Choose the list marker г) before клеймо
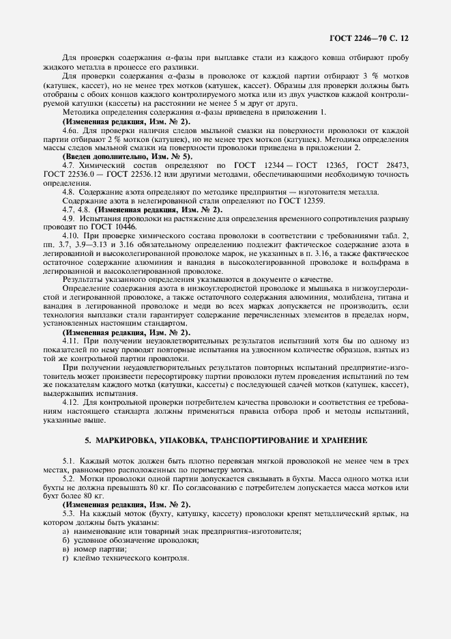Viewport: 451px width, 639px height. [x=66, y=558]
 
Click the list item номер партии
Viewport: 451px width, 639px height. [x=100, y=549]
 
